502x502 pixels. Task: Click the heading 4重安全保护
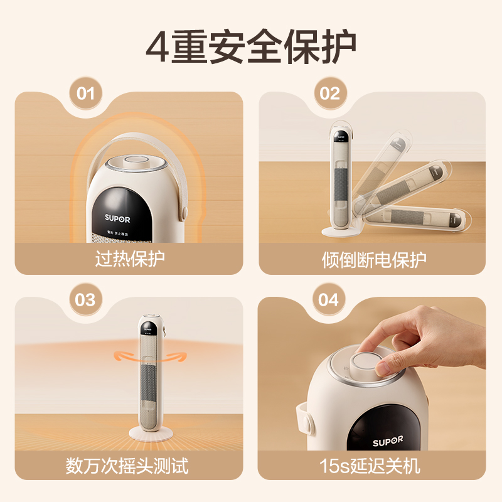tap(251, 45)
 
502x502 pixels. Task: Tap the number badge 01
tap(86, 94)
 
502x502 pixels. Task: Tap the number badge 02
tap(329, 94)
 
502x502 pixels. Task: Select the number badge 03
tap(85, 299)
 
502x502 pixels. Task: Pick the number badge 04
tap(328, 299)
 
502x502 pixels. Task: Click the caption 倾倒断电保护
tap(373, 259)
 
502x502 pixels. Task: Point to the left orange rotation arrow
tap(127, 356)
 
